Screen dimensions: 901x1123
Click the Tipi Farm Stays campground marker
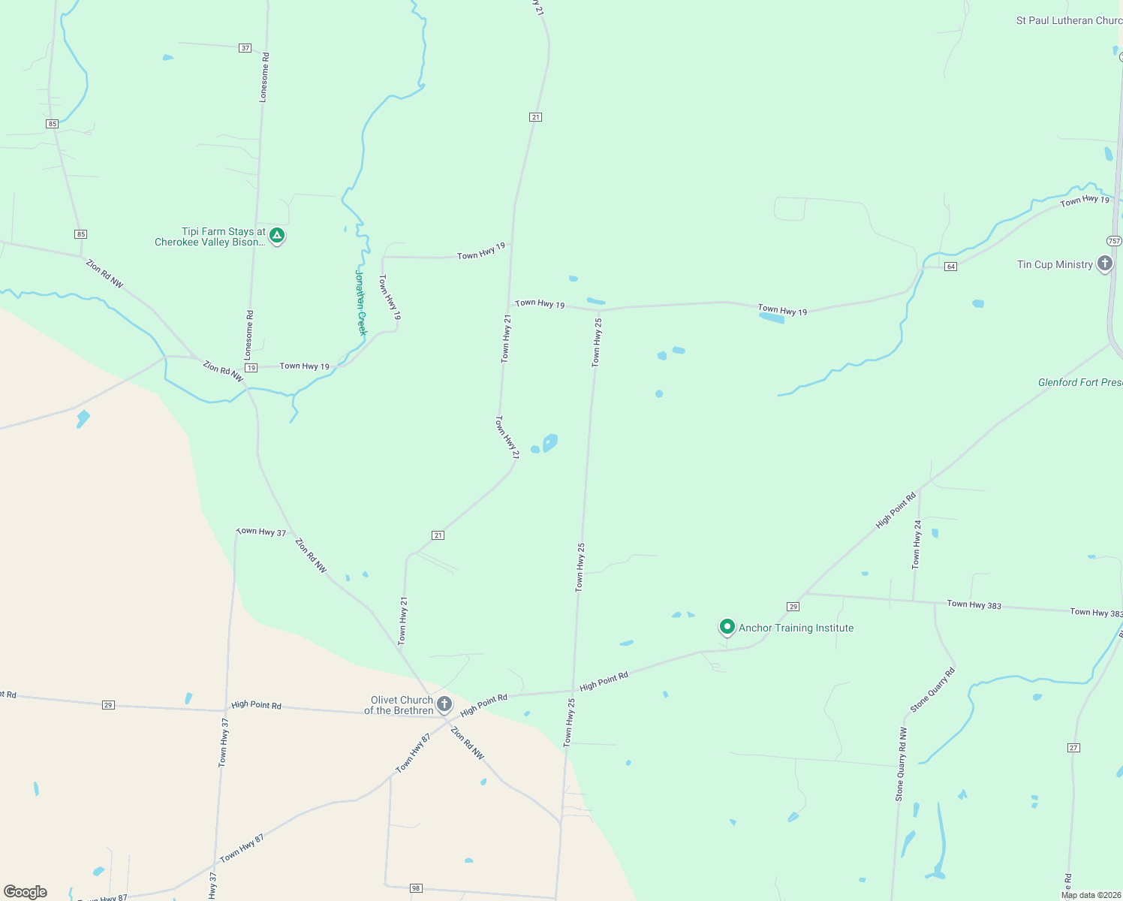pyautogui.click(x=277, y=236)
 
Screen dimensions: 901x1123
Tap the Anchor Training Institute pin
pyautogui.click(x=727, y=626)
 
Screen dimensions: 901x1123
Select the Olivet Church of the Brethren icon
pyautogui.click(x=444, y=704)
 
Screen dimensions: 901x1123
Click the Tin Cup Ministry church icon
pyautogui.click(x=1104, y=263)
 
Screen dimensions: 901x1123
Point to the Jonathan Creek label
pyautogui.click(x=360, y=303)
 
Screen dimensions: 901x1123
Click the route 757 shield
pyautogui.click(x=1114, y=241)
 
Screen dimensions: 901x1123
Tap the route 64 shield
pyautogui.click(x=950, y=267)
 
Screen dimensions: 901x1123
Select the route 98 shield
pyautogui.click(x=416, y=888)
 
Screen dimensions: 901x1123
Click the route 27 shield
pyautogui.click(x=1073, y=747)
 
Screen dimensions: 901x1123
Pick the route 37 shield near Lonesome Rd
pyautogui.click(x=245, y=48)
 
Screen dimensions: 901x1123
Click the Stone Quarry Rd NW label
pyautogui.click(x=900, y=764)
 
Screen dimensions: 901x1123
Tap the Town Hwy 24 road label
pyautogui.click(x=917, y=543)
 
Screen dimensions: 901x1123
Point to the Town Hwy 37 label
pyautogui.click(x=261, y=532)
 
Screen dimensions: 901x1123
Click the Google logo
pyautogui.click(x=26, y=892)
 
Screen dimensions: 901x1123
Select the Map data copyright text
pyautogui.click(x=1091, y=895)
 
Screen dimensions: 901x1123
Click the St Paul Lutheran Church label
pyautogui.click(x=1068, y=21)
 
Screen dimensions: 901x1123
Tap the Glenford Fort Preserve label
pyautogui.click(x=1079, y=382)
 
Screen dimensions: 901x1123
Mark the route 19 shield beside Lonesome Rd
pyautogui.click(x=251, y=368)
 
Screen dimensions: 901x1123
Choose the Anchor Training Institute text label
pyautogui.click(x=796, y=628)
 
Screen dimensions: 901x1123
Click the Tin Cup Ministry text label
pyautogui.click(x=1055, y=264)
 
